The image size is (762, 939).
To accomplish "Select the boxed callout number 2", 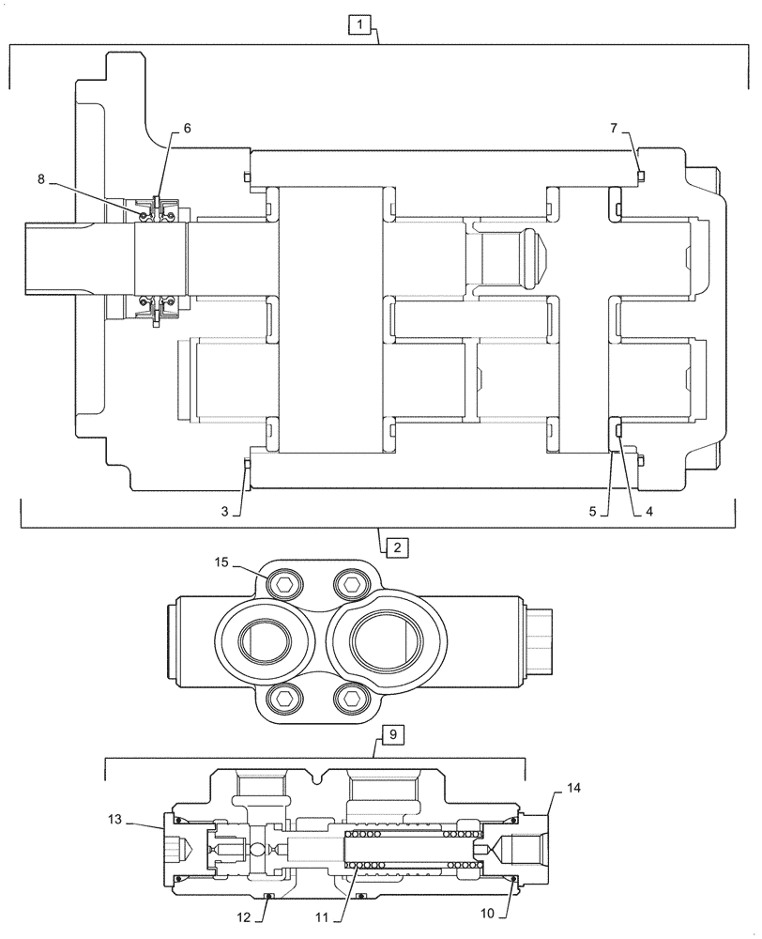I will [x=396, y=546].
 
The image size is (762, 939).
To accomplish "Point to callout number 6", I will [x=187, y=129].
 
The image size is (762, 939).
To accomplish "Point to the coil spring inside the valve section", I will [x=413, y=851].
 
